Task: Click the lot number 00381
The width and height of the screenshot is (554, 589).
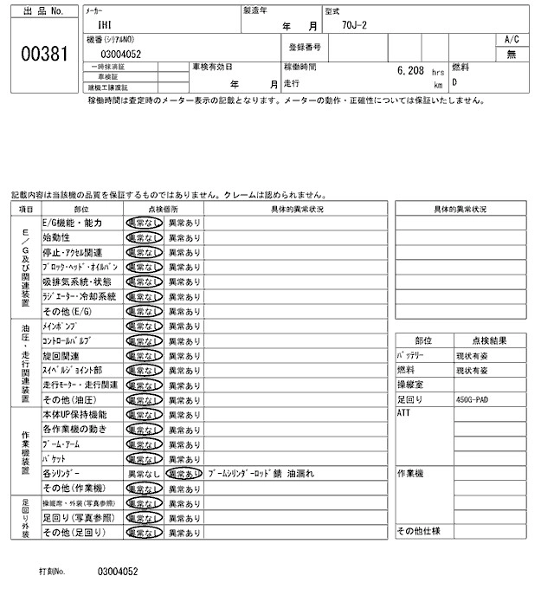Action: coord(43,54)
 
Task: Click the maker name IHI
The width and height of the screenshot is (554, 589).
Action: coord(106,26)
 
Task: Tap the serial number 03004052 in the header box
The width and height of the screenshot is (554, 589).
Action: coord(119,54)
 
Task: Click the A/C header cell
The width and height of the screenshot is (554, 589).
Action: coord(512,40)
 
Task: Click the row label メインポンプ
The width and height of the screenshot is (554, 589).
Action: coord(61,326)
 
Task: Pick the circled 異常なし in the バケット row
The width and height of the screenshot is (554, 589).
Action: coord(144,458)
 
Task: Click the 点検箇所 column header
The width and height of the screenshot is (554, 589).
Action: coord(163,209)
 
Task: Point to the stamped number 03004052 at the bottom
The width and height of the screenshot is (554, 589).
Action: coord(119,572)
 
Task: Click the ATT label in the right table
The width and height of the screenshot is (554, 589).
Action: coord(403,414)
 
